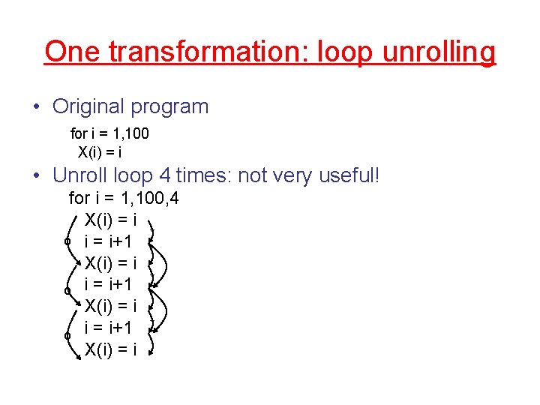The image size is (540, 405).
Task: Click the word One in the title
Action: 74,52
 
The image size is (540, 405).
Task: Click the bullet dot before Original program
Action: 37,106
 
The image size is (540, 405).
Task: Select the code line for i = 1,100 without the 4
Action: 109,133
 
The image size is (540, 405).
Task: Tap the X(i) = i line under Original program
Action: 100,151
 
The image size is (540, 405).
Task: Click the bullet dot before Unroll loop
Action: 37,176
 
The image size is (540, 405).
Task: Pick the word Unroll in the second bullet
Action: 81,176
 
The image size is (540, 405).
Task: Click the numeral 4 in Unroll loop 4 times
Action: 166,176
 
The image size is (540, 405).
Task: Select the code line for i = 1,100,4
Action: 124,199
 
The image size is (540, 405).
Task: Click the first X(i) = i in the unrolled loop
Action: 110,220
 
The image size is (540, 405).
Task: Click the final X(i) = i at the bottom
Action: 110,349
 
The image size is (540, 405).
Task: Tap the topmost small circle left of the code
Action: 67,241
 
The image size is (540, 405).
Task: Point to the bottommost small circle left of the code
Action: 67,336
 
